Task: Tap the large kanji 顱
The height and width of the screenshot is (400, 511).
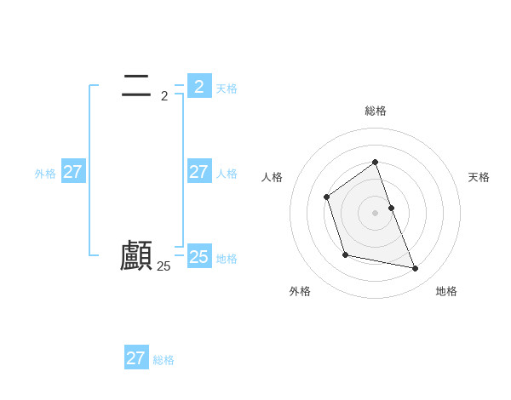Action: pyautogui.click(x=136, y=256)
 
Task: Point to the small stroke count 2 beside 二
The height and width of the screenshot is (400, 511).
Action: pyautogui.click(x=164, y=95)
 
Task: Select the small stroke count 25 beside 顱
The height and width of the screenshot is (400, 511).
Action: pyautogui.click(x=164, y=266)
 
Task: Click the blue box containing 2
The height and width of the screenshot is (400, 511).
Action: pyautogui.click(x=199, y=86)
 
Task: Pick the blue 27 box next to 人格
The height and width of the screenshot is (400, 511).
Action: pyautogui.click(x=199, y=171)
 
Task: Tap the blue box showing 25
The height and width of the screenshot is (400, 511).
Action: pyautogui.click(x=199, y=256)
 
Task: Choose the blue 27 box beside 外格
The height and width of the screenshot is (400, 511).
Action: pyautogui.click(x=73, y=171)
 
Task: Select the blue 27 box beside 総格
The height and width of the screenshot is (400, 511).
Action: pyautogui.click(x=136, y=357)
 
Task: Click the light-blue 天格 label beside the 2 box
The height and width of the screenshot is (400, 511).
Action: pyautogui.click(x=227, y=89)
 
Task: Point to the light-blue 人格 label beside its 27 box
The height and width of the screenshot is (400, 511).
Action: pyautogui.click(x=227, y=174)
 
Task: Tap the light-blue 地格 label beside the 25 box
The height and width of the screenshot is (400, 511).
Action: pyautogui.click(x=227, y=259)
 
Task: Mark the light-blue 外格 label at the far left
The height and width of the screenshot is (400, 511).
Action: pyautogui.click(x=45, y=174)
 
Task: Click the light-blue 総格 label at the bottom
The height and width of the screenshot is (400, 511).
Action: pyautogui.click(x=164, y=360)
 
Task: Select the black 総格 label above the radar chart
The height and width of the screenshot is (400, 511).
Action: pyautogui.click(x=376, y=111)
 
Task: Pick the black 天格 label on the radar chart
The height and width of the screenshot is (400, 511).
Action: pyautogui.click(x=479, y=177)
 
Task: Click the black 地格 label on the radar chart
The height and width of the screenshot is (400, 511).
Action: pyautogui.click(x=446, y=291)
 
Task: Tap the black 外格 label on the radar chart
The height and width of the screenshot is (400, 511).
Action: pyautogui.click(x=300, y=291)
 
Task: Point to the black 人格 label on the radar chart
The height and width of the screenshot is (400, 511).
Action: pyautogui.click(x=272, y=177)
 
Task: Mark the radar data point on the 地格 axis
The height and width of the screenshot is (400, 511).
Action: pyautogui.click(x=416, y=269)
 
